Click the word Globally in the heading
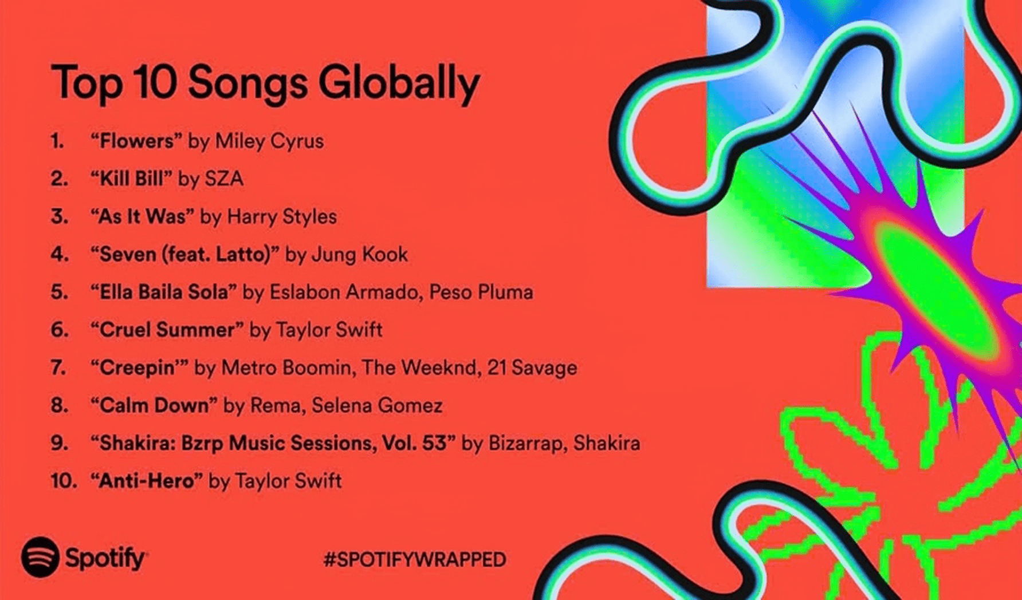(399, 84)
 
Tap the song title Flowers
(136, 141)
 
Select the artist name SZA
(224, 179)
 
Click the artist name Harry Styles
(282, 216)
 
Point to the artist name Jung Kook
(359, 254)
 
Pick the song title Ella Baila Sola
(164, 292)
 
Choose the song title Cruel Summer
(167, 330)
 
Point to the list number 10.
(63, 481)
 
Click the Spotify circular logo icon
(40, 557)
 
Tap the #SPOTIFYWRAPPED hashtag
(414, 559)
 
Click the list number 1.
(57, 141)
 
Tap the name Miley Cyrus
(269, 141)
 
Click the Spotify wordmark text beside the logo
(105, 558)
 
